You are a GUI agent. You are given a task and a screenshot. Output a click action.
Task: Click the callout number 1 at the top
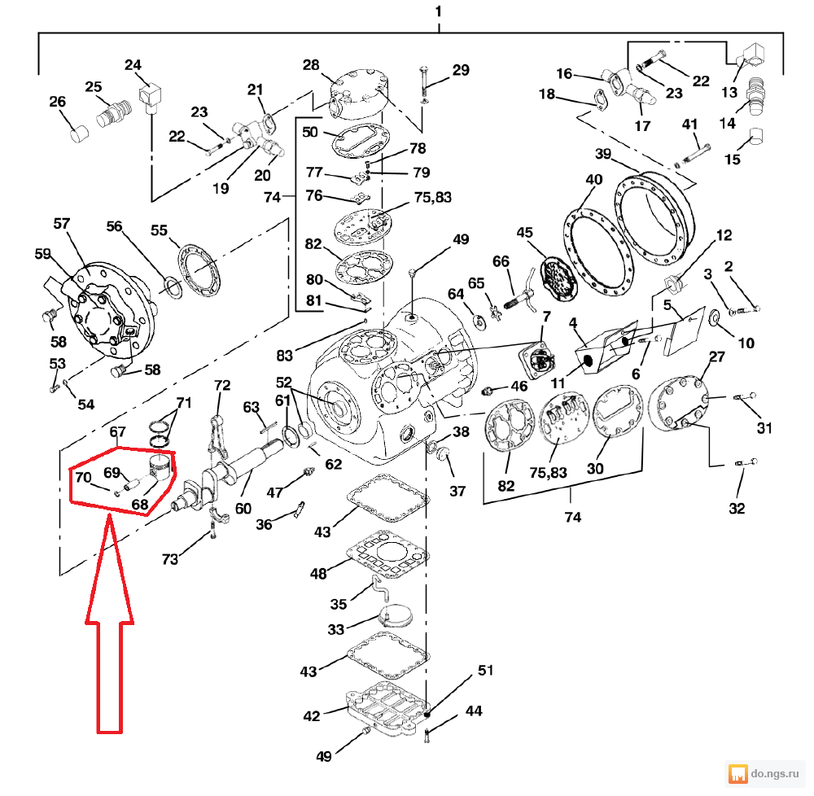[x=439, y=12]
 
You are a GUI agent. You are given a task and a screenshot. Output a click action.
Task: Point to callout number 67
[x=118, y=431]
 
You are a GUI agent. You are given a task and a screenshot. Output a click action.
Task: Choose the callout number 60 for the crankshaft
[x=243, y=509]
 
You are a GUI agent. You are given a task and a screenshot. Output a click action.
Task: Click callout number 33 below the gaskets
[x=335, y=629]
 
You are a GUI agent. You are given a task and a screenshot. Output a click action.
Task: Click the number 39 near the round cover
[x=602, y=155]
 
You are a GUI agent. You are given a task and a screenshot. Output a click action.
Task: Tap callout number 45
[x=524, y=234]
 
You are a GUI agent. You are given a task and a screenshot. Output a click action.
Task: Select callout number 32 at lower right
[x=737, y=509]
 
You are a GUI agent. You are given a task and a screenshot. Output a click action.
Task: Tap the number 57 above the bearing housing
[x=63, y=223]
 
